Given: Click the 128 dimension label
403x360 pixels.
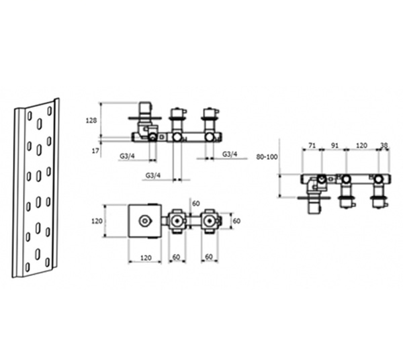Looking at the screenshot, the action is pyautogui.click(x=91, y=120).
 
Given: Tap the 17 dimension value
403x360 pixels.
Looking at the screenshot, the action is pyautogui.click(x=95, y=151).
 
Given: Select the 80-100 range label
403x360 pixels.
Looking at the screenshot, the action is pyautogui.click(x=267, y=156).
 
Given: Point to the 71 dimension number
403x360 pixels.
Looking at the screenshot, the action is pyautogui.click(x=312, y=146).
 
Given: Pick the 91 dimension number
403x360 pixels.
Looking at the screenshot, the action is pyautogui.click(x=334, y=146).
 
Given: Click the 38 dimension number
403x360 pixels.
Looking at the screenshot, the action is pyautogui.click(x=384, y=146).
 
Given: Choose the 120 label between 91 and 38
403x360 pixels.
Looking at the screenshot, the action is pyautogui.click(x=361, y=146).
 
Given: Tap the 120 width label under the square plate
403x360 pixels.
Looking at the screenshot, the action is pyautogui.click(x=146, y=257).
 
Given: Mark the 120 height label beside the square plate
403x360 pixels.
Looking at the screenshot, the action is pyautogui.click(x=97, y=221).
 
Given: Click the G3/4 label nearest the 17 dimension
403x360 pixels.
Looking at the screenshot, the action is pyautogui.click(x=127, y=156).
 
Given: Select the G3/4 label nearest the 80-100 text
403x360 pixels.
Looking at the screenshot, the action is pyautogui.click(x=230, y=154).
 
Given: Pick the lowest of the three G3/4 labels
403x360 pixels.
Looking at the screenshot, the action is pyautogui.click(x=153, y=175).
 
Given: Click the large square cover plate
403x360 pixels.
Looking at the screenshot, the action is pyautogui.click(x=145, y=221).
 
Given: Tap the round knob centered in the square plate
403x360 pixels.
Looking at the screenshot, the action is pyautogui.click(x=144, y=221).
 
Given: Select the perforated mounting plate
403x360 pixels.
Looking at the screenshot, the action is pyautogui.click(x=36, y=188).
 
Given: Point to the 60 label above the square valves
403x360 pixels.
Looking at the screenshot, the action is pyautogui.click(x=196, y=204).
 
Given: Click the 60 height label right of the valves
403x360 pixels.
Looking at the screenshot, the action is pyautogui.click(x=236, y=221).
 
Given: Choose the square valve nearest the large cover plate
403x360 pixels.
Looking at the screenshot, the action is pyautogui.click(x=177, y=221).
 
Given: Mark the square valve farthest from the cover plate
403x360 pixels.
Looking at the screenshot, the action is pyautogui.click(x=210, y=221).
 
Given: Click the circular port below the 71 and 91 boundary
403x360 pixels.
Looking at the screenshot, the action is pyautogui.click(x=322, y=179).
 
